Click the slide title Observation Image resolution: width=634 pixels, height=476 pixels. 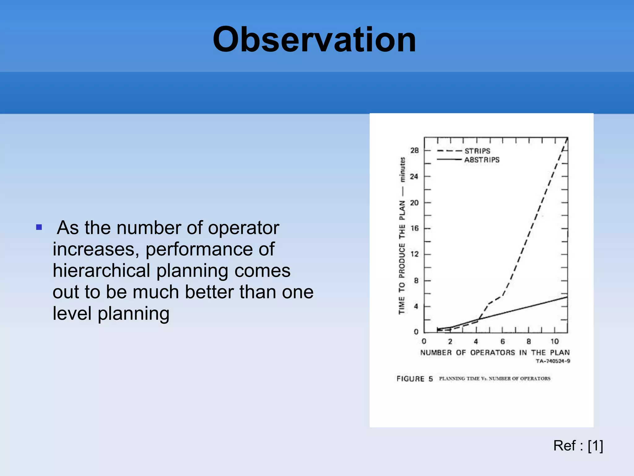click(x=314, y=40)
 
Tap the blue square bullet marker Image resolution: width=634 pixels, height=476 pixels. click(x=39, y=227)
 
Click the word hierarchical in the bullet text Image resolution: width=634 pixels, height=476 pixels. click(x=102, y=271)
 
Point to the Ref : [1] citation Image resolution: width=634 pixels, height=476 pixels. click(x=578, y=446)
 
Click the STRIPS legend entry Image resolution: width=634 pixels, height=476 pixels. click(x=477, y=151)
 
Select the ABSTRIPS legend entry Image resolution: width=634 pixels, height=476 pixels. click(x=482, y=160)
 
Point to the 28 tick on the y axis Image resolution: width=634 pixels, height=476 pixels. click(x=414, y=151)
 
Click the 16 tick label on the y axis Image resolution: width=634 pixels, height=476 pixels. click(x=414, y=228)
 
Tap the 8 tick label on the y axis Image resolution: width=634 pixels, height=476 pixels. click(x=416, y=280)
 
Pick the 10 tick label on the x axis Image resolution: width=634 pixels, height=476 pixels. click(x=554, y=342)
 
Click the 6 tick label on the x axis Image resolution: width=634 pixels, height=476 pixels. click(x=502, y=342)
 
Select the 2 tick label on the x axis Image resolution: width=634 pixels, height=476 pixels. click(x=450, y=342)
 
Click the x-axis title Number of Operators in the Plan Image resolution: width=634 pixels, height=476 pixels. click(x=495, y=353)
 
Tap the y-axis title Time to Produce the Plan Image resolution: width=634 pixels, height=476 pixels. click(x=402, y=257)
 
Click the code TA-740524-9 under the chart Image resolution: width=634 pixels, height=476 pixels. click(x=553, y=361)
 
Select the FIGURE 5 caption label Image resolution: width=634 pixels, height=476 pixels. click(x=415, y=379)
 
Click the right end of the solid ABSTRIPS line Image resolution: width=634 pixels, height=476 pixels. click(x=567, y=297)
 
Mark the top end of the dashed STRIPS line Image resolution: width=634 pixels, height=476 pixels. click(x=567, y=139)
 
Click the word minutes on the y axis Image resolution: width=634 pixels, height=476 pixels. click(x=402, y=169)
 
